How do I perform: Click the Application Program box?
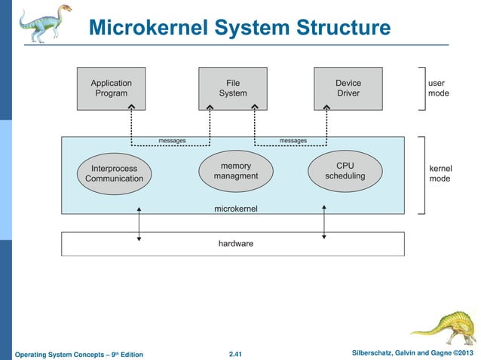click(111, 88)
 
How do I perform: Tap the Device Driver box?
click(348, 88)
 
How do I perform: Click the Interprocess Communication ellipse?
click(114, 173)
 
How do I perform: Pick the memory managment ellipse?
click(235, 171)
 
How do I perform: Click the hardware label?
click(235, 244)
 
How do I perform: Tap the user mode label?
click(438, 88)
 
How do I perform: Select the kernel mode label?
click(440, 173)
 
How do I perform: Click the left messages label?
click(172, 141)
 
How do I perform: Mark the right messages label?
click(293, 141)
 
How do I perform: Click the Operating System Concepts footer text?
click(78, 354)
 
